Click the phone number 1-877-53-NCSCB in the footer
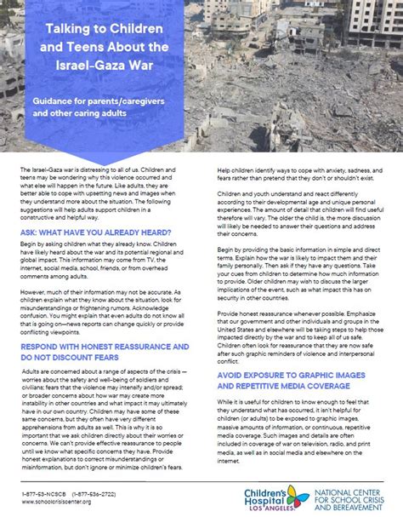click(48, 491)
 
